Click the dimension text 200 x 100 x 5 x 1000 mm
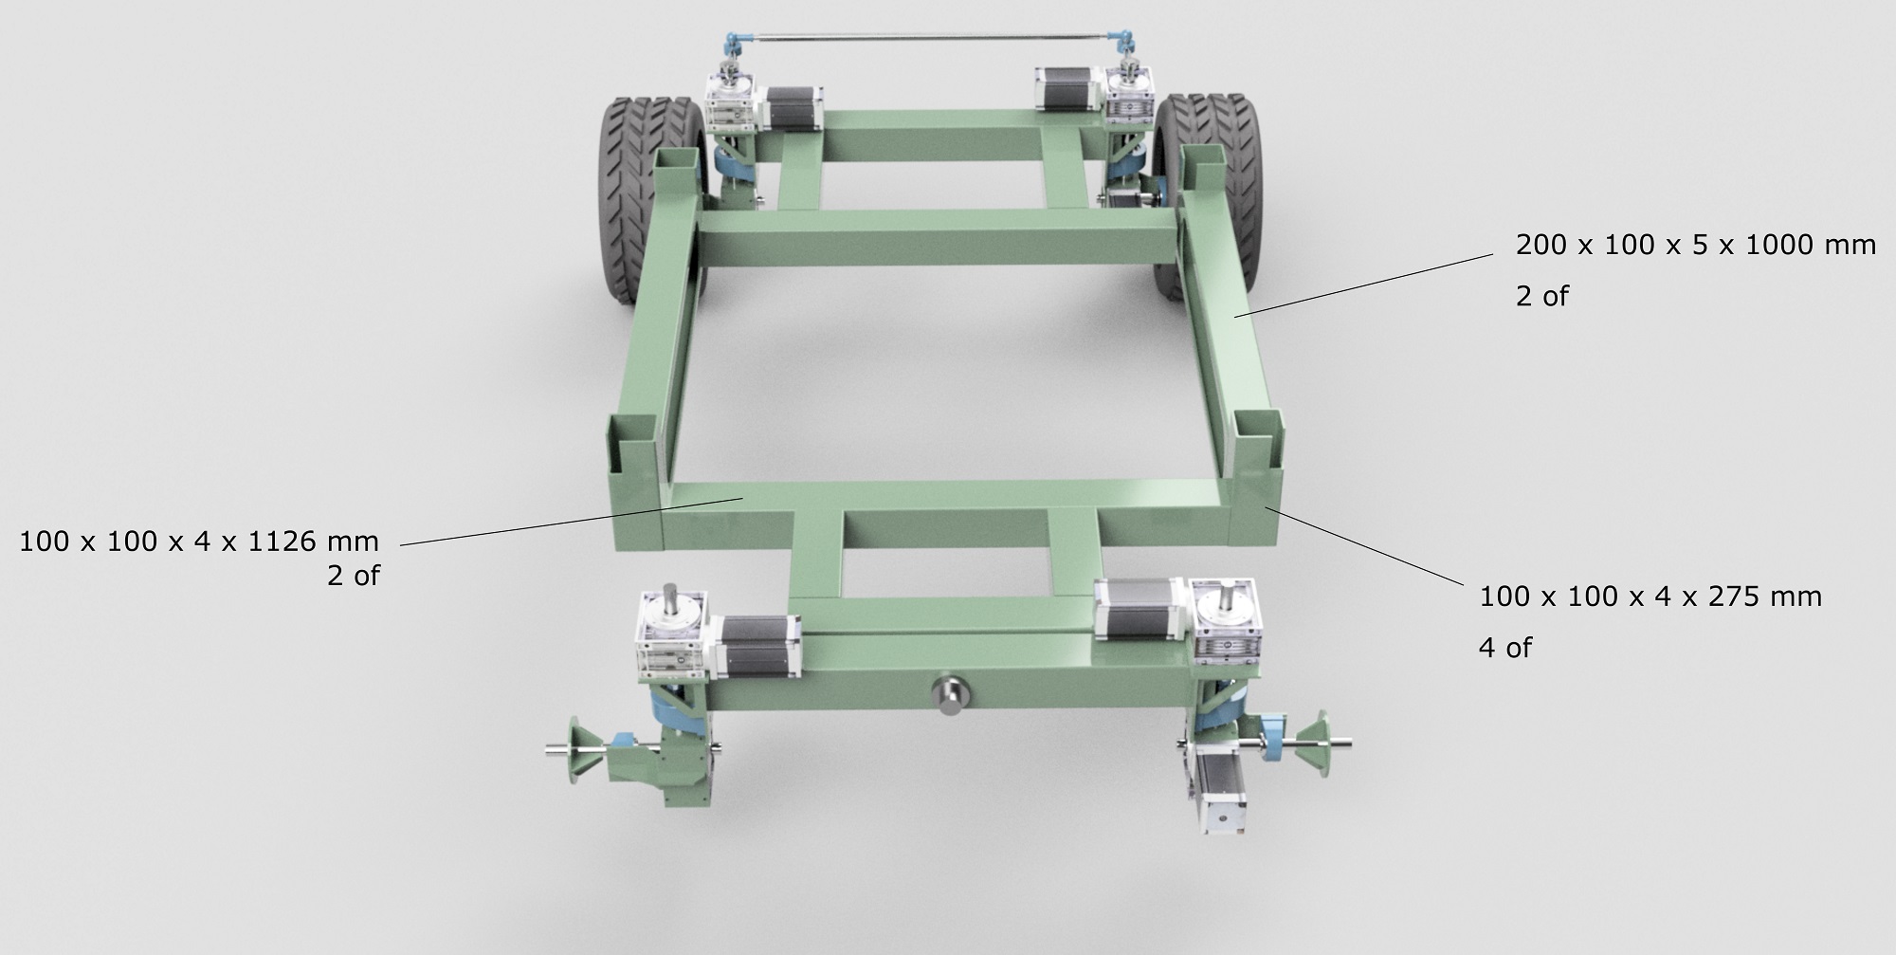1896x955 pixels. point(1695,246)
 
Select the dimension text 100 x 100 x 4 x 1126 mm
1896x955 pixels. point(199,542)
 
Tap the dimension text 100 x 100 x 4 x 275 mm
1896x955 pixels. point(1650,597)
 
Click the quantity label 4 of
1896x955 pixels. point(1505,648)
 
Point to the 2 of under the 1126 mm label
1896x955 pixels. point(353,576)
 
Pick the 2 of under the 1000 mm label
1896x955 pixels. point(1541,297)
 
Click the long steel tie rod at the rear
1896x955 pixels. point(924,38)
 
